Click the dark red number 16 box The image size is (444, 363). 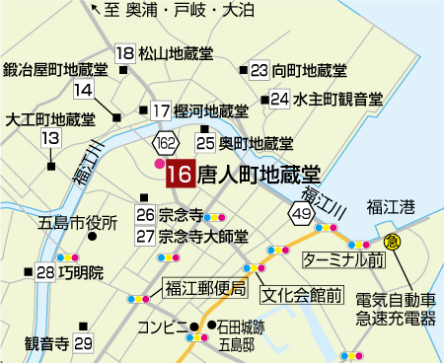click(180, 176)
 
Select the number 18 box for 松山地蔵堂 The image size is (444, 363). click(125, 54)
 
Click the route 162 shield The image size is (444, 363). click(165, 144)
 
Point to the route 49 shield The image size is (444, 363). click(301, 211)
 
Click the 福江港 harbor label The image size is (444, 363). click(396, 205)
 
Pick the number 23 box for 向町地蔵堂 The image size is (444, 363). click(259, 70)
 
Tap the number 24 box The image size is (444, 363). click(280, 99)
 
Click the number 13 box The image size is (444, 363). click(50, 139)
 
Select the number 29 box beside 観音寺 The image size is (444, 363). click(83, 343)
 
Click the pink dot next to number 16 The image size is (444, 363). click(159, 164)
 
